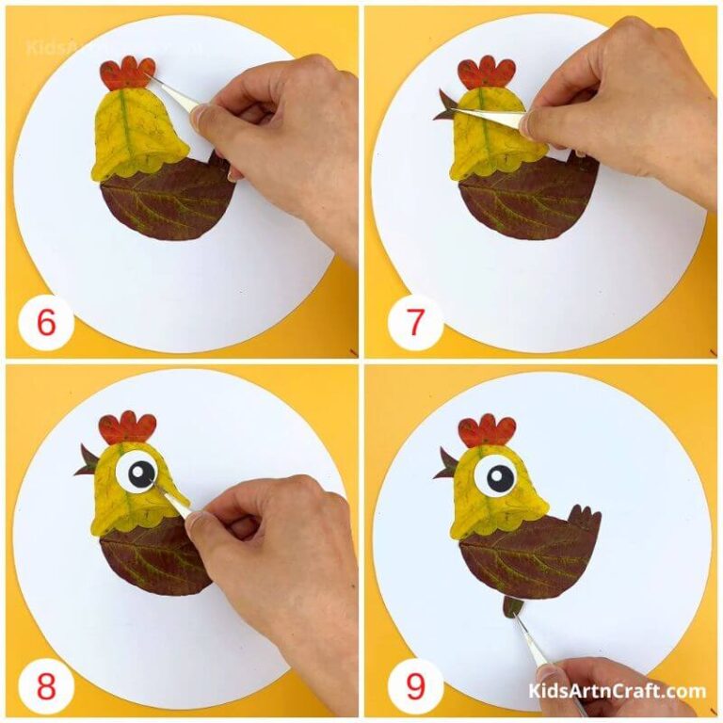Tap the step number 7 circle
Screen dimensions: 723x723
415,323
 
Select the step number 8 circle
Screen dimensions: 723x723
46,684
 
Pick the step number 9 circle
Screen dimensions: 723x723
415,684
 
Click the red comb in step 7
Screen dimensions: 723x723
486,72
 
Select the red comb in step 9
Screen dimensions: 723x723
487,430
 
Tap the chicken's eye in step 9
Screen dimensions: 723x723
494,476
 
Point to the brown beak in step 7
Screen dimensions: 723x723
444,106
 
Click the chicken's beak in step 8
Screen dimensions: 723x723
86,461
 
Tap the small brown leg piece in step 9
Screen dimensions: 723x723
511,606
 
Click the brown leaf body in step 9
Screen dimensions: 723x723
522,560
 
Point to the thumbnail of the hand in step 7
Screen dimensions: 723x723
527,122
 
